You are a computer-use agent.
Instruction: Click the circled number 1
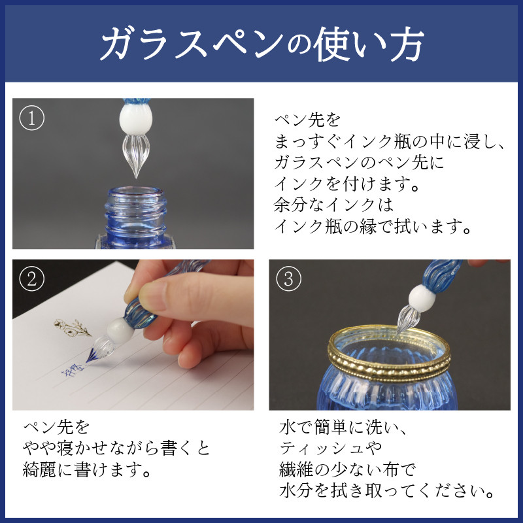point(31,118)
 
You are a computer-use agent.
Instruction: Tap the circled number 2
point(31,279)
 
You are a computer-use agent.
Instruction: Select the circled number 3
point(288,279)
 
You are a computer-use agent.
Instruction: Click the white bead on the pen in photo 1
point(136,118)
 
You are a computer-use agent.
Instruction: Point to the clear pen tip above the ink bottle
point(135,156)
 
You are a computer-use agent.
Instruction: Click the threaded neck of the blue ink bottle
point(135,214)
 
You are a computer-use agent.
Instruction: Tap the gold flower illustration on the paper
point(73,328)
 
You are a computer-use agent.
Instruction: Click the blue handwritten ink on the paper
point(73,369)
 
